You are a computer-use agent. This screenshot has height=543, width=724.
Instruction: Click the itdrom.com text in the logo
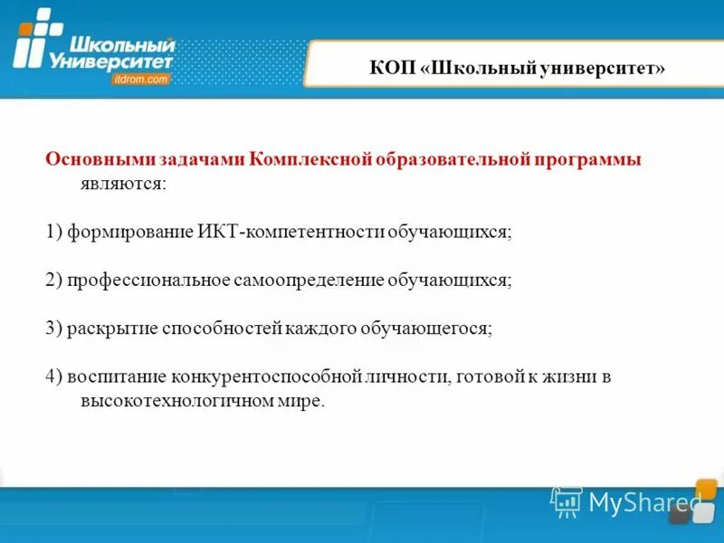141,80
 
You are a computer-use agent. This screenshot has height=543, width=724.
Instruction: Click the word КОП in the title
392,69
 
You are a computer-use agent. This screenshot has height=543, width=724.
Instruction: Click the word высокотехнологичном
164,400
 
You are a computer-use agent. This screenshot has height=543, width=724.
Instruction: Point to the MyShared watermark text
644,501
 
